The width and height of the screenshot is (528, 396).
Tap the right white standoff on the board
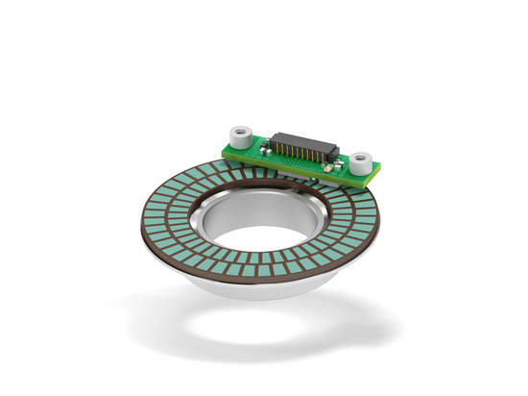(362, 161)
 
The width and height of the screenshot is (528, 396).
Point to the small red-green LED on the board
(330, 167)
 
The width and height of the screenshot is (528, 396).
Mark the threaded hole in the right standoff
(362, 154)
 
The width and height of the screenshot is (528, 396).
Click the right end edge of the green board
(378, 170)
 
